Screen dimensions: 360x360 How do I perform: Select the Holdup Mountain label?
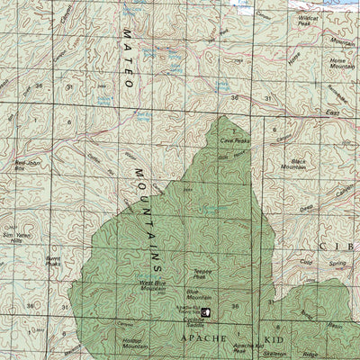(132, 344)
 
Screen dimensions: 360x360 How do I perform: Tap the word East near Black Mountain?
(332, 113)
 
